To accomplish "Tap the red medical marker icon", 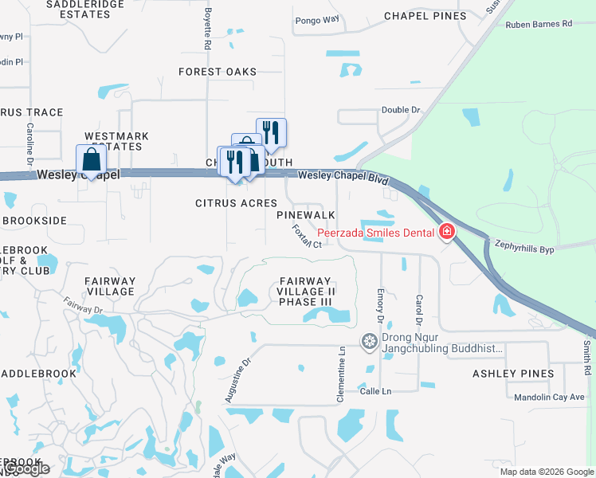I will pyautogui.click(x=447, y=232).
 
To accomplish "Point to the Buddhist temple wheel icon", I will pyautogui.click(x=369, y=342).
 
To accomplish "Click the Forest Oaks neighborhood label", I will pyautogui.click(x=218, y=72).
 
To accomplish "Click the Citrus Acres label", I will pyautogui.click(x=237, y=203).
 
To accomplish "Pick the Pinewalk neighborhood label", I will pyautogui.click(x=306, y=215).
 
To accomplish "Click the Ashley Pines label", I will pyautogui.click(x=513, y=374).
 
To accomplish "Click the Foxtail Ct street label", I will pyautogui.click(x=307, y=237).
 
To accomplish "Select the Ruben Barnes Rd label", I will pyautogui.click(x=539, y=24).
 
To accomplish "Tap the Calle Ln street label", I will pyautogui.click(x=375, y=391).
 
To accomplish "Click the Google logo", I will pyautogui.click(x=26, y=469).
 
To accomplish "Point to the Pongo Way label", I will pyautogui.click(x=317, y=20).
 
